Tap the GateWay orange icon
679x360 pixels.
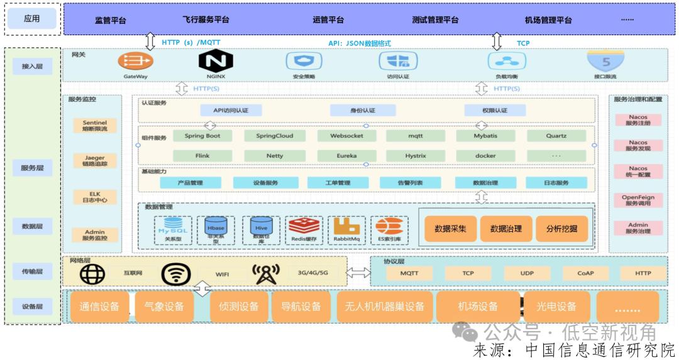click(x=135, y=60)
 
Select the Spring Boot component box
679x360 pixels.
click(x=202, y=136)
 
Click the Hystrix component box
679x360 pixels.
click(x=416, y=155)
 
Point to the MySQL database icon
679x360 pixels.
click(x=172, y=227)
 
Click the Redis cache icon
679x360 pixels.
click(x=304, y=227)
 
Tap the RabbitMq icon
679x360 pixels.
click(x=347, y=227)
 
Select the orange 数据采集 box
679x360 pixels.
click(x=450, y=229)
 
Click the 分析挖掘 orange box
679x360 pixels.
click(x=561, y=229)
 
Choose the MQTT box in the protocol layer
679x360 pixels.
click(x=409, y=273)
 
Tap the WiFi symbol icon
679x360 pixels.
click(x=175, y=274)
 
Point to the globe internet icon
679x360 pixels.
click(x=92, y=274)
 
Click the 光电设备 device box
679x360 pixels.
click(x=556, y=307)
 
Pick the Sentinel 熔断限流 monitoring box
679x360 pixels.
click(x=94, y=126)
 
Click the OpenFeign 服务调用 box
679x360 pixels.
click(x=638, y=200)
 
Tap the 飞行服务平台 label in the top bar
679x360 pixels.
click(x=206, y=19)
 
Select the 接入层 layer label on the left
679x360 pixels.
click(x=32, y=66)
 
